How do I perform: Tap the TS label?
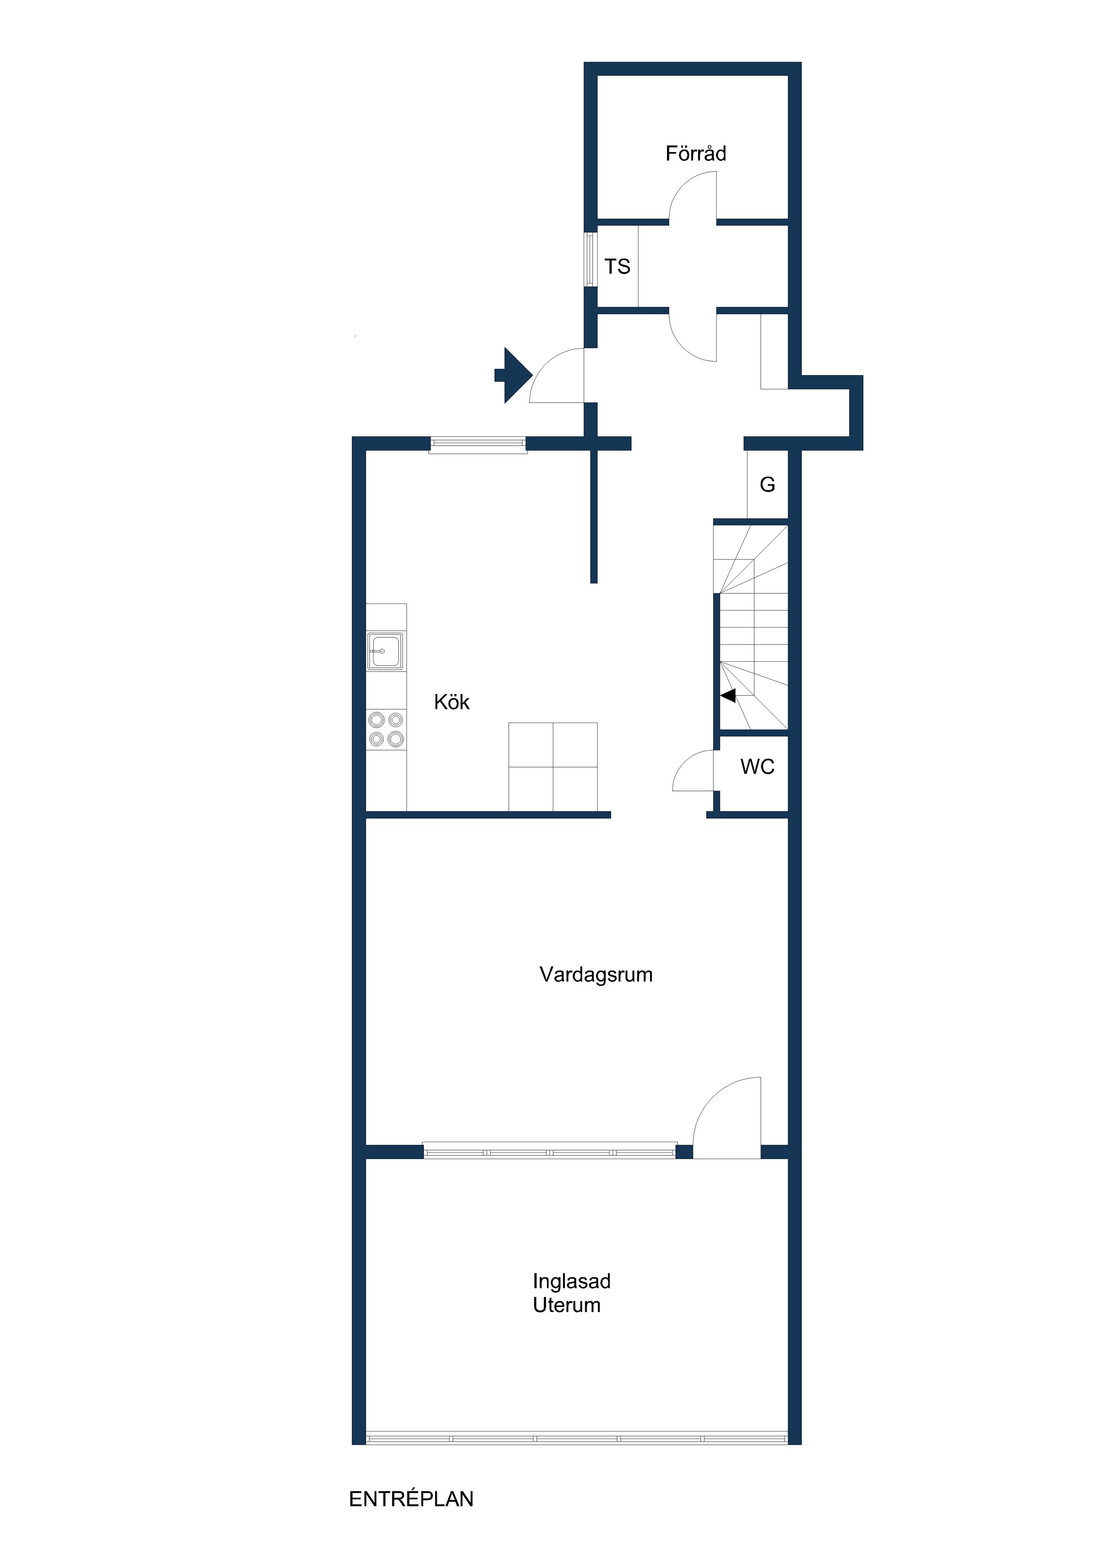(x=617, y=267)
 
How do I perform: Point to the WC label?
(x=757, y=767)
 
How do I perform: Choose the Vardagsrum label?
(x=596, y=975)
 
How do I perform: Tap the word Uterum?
(x=566, y=1305)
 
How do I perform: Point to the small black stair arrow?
(x=728, y=696)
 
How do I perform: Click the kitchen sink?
(x=385, y=651)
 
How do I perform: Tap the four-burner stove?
(x=386, y=729)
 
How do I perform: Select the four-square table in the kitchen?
(x=553, y=767)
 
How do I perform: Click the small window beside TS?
(x=589, y=260)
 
